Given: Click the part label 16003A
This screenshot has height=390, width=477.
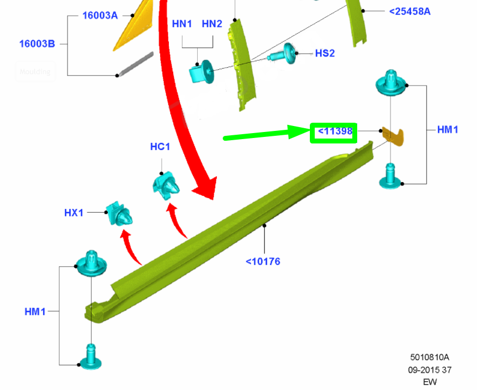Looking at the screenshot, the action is tap(100, 15).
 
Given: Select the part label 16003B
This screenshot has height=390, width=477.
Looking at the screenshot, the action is tap(37, 44).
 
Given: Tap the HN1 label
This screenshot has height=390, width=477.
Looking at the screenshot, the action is tap(182, 24).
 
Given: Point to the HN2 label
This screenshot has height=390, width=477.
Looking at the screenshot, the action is tap(212, 24).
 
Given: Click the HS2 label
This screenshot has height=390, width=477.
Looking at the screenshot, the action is tap(325, 53).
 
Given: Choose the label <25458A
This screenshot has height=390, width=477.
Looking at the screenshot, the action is tap(410, 11).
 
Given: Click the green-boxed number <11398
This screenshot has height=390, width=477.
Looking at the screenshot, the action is tap(335, 131).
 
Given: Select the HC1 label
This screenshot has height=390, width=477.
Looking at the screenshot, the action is tap(160, 147).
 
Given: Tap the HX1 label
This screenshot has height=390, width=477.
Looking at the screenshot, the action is tap(74, 213).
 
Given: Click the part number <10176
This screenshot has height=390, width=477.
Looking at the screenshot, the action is tap(263, 261).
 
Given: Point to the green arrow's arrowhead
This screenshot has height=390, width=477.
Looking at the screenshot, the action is tap(299, 131).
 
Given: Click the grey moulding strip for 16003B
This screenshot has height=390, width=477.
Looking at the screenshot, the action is tap(136, 64).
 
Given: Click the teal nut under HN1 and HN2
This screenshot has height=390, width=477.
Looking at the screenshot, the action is tap(201, 73).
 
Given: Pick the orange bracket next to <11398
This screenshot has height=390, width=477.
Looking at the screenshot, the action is tap(393, 136).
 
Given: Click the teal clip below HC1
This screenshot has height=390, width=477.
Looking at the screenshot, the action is tap(166, 185).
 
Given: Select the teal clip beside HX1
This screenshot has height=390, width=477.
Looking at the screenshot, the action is tap(119, 214).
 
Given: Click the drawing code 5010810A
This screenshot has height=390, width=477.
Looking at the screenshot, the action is tap(430, 357).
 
